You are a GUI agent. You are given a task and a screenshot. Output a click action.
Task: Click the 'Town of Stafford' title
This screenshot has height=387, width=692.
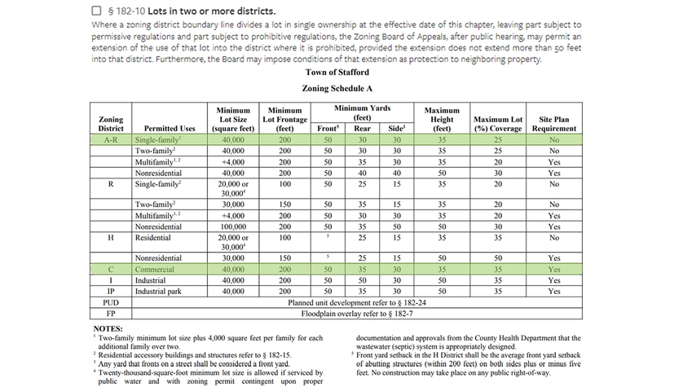point(337,73)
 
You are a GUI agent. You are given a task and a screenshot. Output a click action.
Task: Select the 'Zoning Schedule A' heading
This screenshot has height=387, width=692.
point(337,88)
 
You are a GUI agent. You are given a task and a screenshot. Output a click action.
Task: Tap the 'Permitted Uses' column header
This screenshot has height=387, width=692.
point(170,129)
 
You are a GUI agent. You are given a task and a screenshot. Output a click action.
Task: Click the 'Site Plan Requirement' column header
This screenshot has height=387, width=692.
point(554,124)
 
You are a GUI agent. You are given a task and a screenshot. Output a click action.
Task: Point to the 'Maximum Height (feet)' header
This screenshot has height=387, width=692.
point(442,119)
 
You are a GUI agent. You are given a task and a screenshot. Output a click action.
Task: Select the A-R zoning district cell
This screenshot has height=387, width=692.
point(111,140)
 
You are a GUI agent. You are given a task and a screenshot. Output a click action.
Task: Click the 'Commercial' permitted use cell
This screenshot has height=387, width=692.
point(155,269)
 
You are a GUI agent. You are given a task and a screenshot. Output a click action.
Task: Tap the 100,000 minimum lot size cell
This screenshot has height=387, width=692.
point(233,226)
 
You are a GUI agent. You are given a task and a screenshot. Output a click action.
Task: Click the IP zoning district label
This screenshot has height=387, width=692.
point(111,291)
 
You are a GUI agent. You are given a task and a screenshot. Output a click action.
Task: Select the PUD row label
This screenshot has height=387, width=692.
point(111,302)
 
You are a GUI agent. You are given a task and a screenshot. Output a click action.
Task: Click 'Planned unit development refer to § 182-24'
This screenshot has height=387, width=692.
point(357,302)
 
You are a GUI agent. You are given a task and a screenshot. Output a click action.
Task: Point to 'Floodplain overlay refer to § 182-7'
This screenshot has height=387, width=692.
point(357,313)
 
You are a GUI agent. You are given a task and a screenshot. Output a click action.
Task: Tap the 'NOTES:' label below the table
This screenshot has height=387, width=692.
point(108,328)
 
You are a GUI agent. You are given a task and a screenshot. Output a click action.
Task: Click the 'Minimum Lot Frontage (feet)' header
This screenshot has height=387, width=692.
point(284,119)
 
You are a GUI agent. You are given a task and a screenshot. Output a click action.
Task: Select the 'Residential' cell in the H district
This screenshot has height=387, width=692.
point(153,238)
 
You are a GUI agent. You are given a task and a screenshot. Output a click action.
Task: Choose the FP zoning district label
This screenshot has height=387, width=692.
point(111,313)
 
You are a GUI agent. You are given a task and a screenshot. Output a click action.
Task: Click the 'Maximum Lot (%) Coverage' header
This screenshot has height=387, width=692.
point(498,124)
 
